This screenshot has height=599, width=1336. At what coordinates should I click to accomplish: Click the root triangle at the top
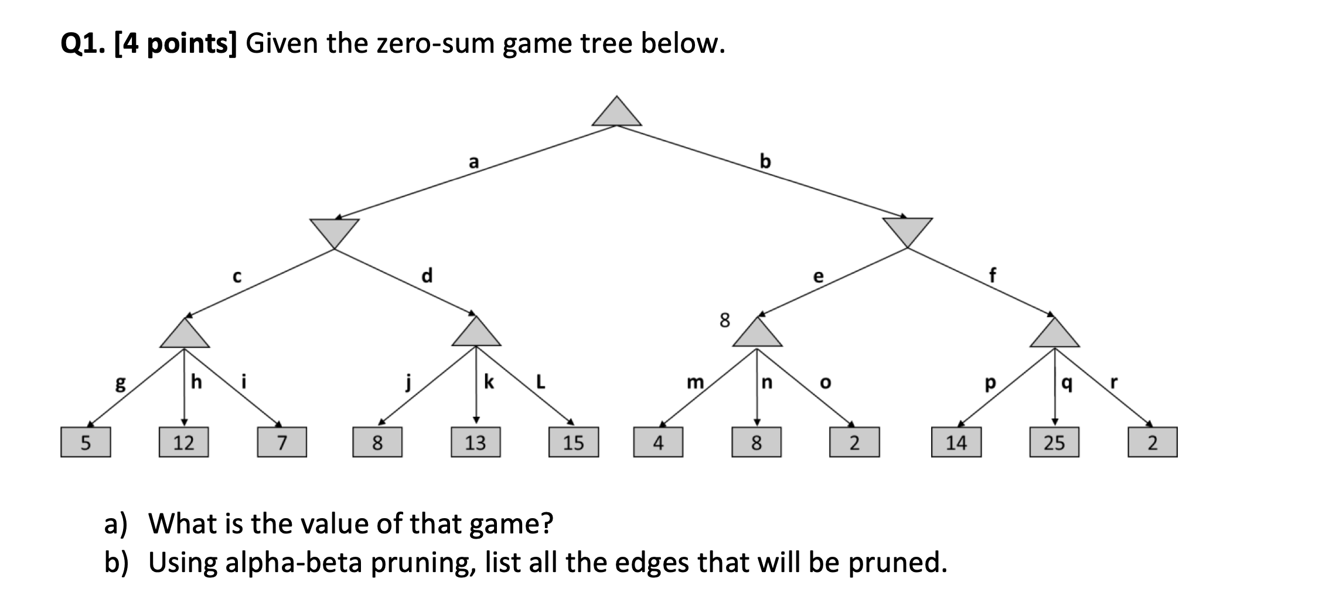pyautogui.click(x=616, y=114)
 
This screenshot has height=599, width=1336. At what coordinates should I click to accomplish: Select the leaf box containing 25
pyautogui.click(x=1054, y=443)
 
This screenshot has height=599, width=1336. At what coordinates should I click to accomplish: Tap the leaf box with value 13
pyautogui.click(x=475, y=443)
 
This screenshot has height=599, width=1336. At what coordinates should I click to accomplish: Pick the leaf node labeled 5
pyautogui.click(x=86, y=443)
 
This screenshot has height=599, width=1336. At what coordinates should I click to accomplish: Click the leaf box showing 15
pyautogui.click(x=573, y=443)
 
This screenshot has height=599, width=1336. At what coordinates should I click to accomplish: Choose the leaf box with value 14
pyautogui.click(x=956, y=443)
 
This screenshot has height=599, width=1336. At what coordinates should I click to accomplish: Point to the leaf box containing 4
pyautogui.click(x=658, y=443)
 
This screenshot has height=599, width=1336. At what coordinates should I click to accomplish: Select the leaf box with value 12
pyautogui.click(x=184, y=443)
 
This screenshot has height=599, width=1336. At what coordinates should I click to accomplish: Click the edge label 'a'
pyautogui.click(x=473, y=162)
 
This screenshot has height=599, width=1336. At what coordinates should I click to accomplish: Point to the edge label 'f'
pyautogui.click(x=993, y=275)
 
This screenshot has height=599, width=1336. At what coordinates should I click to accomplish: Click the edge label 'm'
pyautogui.click(x=695, y=383)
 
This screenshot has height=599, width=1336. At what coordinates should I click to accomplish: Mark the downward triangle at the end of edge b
pyautogui.click(x=907, y=230)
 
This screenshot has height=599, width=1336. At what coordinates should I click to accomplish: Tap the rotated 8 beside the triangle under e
pyautogui.click(x=725, y=320)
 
